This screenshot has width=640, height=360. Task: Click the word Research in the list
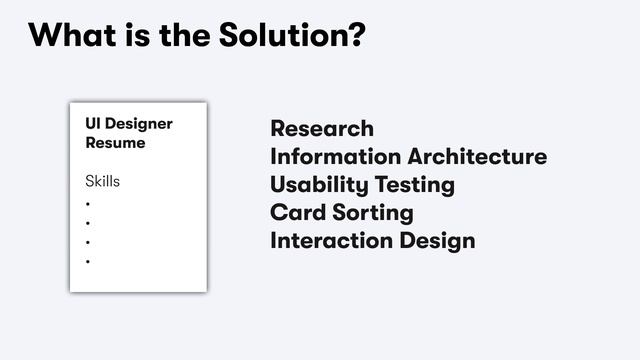point(322,129)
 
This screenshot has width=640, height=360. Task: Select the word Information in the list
point(335,157)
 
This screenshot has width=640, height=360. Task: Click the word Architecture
point(477,157)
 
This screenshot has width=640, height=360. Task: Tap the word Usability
point(315,185)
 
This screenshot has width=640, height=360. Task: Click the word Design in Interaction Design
point(437,242)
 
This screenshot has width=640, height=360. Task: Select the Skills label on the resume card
point(102,182)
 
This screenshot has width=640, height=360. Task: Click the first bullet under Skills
point(88,204)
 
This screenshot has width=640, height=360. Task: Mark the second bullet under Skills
point(88,223)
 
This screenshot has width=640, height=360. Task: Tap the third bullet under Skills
point(88,243)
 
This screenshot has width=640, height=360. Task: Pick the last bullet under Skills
point(88,262)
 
